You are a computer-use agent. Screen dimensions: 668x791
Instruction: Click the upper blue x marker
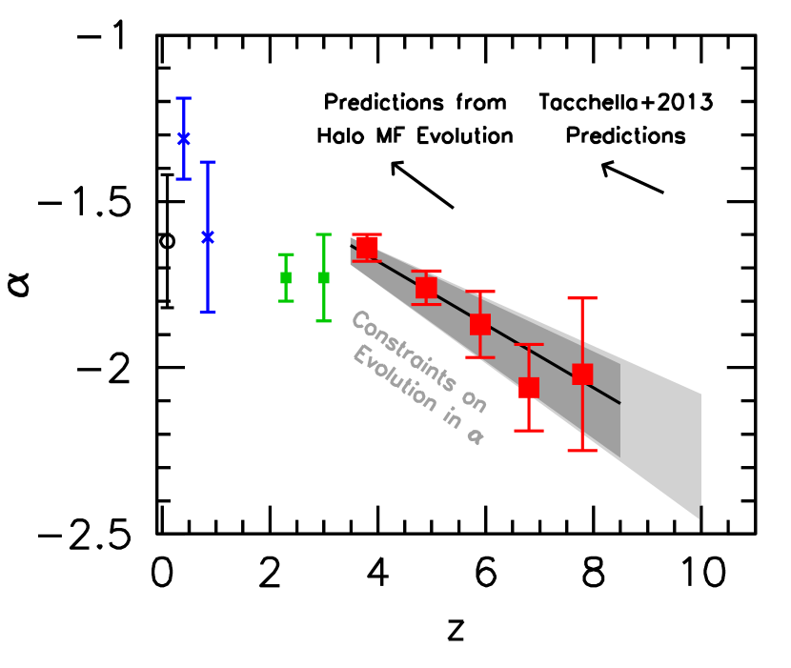[x=184, y=138]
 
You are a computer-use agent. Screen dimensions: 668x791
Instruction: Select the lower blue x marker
[x=208, y=236]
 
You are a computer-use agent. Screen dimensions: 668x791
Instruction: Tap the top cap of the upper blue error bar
[x=184, y=98]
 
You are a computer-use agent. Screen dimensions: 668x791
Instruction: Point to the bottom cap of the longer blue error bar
[x=208, y=312]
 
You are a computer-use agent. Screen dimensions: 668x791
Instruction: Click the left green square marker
[x=286, y=277]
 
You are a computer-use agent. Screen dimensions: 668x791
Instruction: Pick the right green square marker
[x=324, y=277]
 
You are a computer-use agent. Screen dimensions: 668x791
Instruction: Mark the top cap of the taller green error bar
[x=324, y=234]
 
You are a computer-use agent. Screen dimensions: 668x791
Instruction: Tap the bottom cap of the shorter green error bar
[x=286, y=301]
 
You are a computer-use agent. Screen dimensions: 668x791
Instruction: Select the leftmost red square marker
[x=367, y=246]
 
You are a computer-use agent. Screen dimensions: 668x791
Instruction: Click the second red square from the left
[x=426, y=287]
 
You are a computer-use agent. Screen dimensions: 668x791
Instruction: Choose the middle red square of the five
[x=480, y=324]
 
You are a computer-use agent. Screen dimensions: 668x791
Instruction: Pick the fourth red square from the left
[x=529, y=388]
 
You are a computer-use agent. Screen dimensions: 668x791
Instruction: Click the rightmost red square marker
[x=582, y=374]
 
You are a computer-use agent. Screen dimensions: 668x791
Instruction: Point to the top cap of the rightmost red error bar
[x=582, y=298]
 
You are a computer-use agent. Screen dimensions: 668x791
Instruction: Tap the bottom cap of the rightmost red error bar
[x=582, y=450]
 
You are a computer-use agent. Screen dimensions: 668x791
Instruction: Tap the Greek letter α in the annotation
[x=475, y=436]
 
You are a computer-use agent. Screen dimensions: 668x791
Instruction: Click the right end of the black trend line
[x=619, y=402]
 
